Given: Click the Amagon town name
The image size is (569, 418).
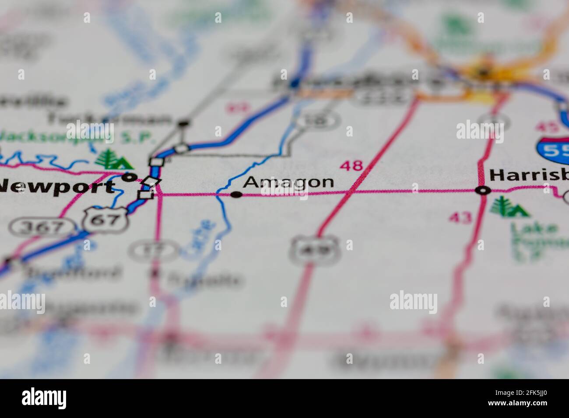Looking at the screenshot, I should click(x=288, y=182).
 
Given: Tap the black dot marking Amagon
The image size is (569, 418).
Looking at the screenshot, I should click(x=237, y=195).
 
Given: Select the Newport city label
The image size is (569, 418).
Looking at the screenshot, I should click(x=57, y=187).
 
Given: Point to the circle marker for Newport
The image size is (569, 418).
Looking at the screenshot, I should click(x=128, y=177).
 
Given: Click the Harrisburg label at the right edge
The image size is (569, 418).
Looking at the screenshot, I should click(x=529, y=175).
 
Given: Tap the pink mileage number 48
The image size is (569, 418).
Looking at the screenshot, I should click(x=351, y=165).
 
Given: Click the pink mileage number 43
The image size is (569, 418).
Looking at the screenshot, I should click(x=460, y=216).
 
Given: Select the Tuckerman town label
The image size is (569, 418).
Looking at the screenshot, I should click(x=109, y=118).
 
